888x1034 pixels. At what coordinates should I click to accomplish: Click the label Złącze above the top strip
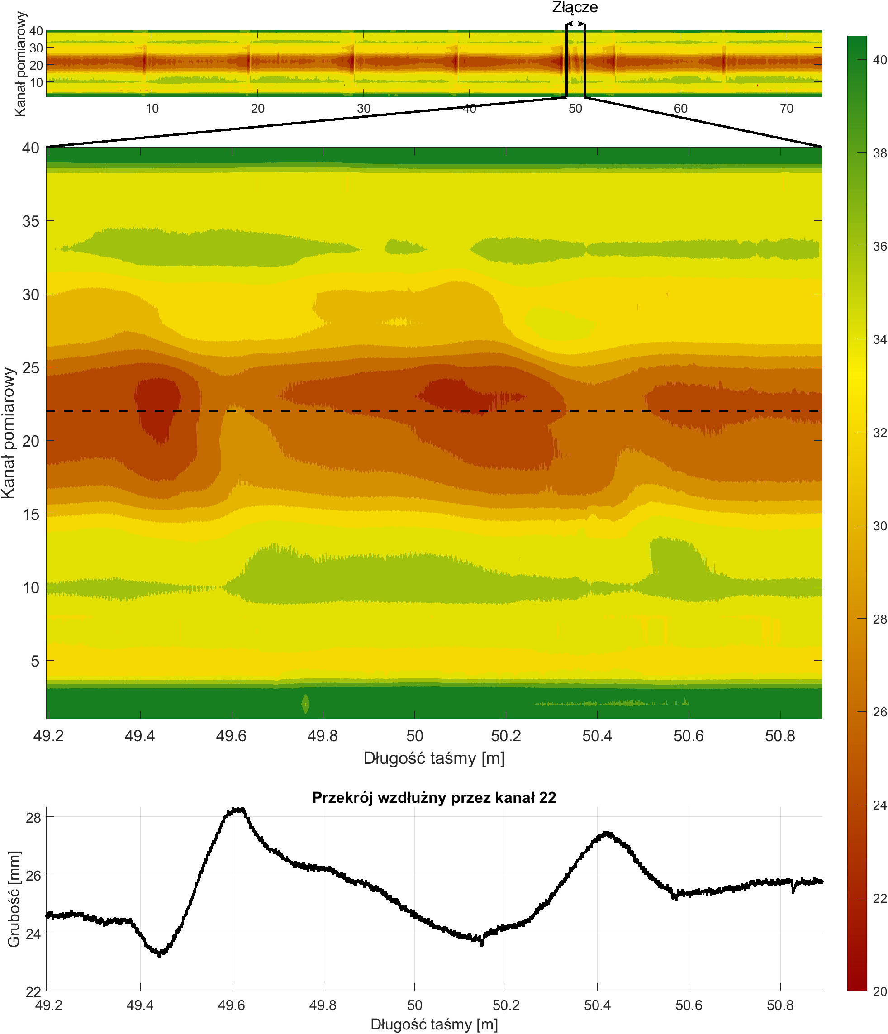[x=574, y=8]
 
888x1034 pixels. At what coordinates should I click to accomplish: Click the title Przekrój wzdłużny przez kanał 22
[x=433, y=797]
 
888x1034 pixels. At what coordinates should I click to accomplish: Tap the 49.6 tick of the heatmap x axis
[x=231, y=736]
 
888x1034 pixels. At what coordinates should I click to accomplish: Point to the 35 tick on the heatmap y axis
[x=30, y=221]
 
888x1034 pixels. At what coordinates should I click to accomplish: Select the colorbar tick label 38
[x=879, y=153]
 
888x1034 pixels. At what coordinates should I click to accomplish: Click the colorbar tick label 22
[x=879, y=898]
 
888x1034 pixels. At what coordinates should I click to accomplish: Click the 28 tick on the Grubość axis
[x=33, y=817]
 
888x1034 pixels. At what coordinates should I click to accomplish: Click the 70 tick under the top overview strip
[x=786, y=108]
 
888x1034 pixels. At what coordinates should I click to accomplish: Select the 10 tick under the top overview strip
[x=152, y=108]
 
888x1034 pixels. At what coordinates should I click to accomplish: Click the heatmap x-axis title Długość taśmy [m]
[x=433, y=758]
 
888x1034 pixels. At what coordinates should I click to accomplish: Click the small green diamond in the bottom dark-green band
[x=305, y=704]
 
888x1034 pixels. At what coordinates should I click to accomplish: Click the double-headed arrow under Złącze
[x=575, y=24]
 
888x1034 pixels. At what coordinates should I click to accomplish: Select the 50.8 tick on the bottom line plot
[x=780, y=1005]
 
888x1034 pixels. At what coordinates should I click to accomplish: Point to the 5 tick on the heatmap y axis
[x=34, y=661]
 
